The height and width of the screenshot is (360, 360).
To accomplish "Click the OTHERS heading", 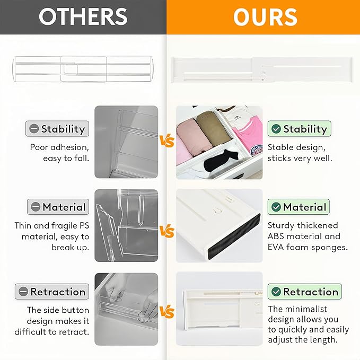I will (x=83, y=17).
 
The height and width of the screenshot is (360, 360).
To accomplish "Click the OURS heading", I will (x=265, y=17).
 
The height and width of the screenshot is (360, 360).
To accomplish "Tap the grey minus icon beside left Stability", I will (x=34, y=129).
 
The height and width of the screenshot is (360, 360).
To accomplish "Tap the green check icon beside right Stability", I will (x=276, y=129).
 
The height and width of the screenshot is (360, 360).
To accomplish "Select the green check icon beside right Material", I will (x=276, y=207).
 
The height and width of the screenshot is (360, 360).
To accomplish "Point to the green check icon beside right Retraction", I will (x=276, y=292).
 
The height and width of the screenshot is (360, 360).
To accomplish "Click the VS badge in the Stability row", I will (x=167, y=142).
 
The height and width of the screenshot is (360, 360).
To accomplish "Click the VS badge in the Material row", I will (x=167, y=232).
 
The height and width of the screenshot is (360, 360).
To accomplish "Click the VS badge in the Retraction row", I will (x=167, y=312).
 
